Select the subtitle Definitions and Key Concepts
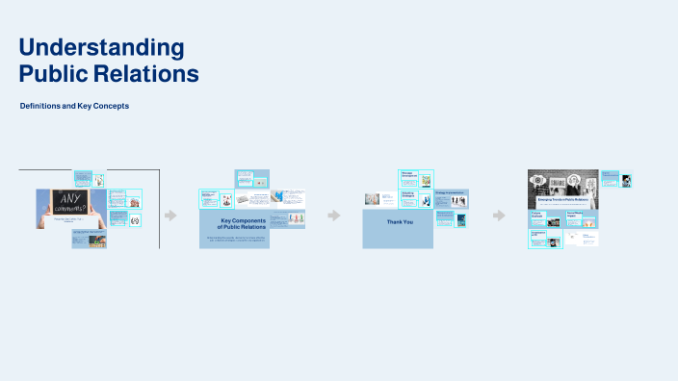click(74, 106)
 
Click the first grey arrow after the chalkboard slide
click(170, 216)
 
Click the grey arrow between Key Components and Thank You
click(334, 216)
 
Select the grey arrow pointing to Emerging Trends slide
click(498, 216)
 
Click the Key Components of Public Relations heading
click(234, 224)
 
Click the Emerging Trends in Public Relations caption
click(562, 200)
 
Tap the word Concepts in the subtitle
click(113, 106)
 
